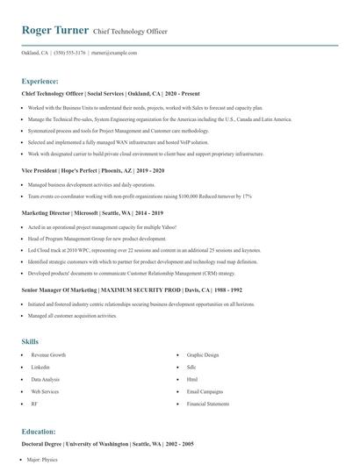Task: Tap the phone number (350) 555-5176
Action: pos(69,53)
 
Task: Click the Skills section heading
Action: pos(30,340)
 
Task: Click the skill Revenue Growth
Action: pos(48,355)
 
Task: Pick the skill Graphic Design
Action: pos(204,355)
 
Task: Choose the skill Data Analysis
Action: pos(47,379)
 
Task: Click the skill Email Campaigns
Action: pos(205,391)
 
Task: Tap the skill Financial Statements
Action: pos(209,404)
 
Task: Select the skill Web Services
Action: pos(45,391)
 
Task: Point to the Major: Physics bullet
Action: pos(44,460)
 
